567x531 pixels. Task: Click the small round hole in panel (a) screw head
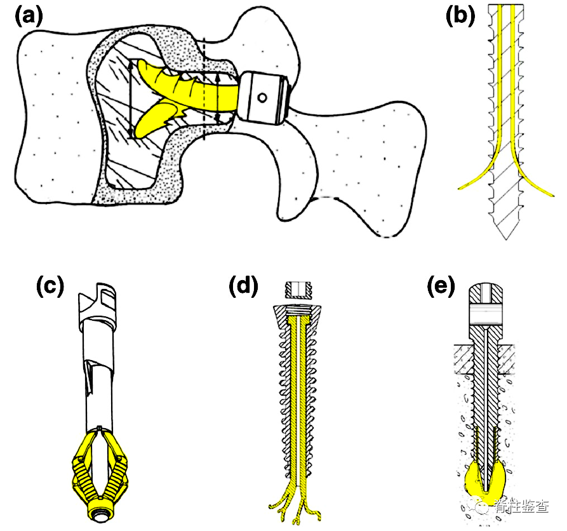click(x=262, y=98)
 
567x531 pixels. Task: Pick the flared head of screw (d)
click(x=297, y=315)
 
